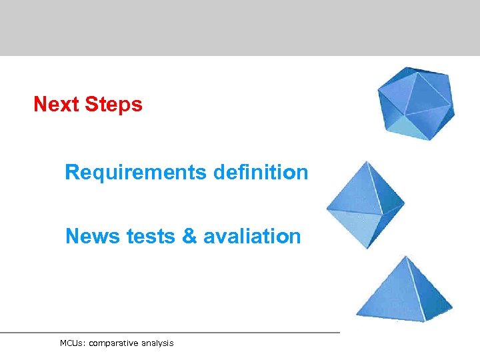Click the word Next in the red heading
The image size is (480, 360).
point(55,105)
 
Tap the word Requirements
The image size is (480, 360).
point(136,173)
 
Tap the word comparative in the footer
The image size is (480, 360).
point(113,343)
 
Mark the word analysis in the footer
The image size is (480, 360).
point(157,343)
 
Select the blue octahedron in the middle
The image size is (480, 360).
point(365,204)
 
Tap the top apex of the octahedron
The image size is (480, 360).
point(365,161)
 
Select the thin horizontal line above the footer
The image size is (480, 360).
point(170,332)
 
